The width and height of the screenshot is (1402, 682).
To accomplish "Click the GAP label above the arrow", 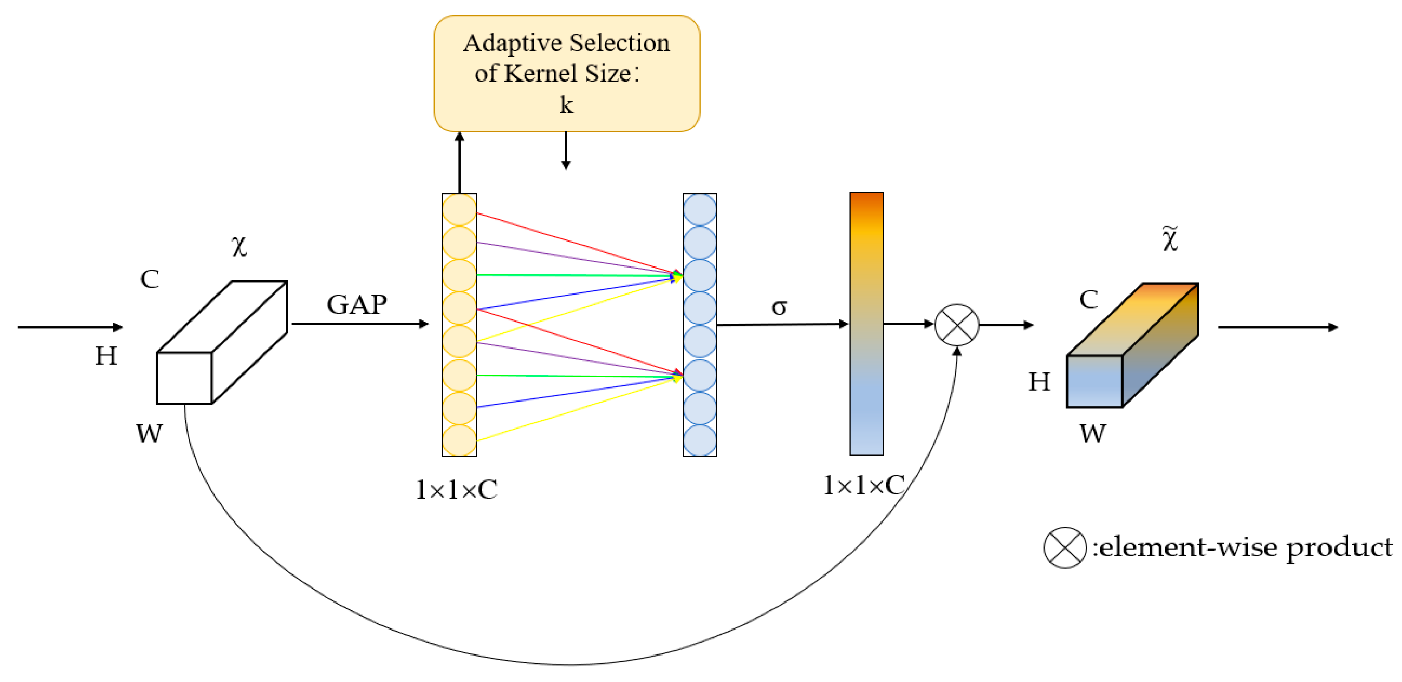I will click(x=357, y=304).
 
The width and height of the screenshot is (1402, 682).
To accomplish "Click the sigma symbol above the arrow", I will click(x=779, y=307).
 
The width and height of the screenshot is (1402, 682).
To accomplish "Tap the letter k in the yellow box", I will click(x=566, y=104).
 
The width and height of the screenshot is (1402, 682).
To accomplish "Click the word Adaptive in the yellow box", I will click(x=512, y=44).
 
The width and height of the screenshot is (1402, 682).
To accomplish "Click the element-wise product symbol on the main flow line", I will click(x=956, y=325).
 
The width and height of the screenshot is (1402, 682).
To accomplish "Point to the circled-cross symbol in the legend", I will click(x=1064, y=547).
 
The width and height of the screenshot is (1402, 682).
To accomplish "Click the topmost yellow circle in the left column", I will click(x=459, y=210).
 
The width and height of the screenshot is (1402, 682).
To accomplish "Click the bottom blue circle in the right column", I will click(x=699, y=440).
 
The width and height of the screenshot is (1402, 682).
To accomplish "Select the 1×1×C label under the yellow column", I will click(x=456, y=489).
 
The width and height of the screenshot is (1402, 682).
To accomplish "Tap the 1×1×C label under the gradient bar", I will click(x=863, y=485).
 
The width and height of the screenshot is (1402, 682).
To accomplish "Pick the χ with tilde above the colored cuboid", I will click(x=1170, y=239).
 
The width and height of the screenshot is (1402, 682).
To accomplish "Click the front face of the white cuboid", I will click(x=184, y=378).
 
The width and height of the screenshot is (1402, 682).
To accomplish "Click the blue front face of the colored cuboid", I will click(x=1094, y=381).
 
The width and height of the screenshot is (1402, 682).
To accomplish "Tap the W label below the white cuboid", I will click(x=149, y=434).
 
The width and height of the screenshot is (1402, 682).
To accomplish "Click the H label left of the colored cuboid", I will click(x=1038, y=382).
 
